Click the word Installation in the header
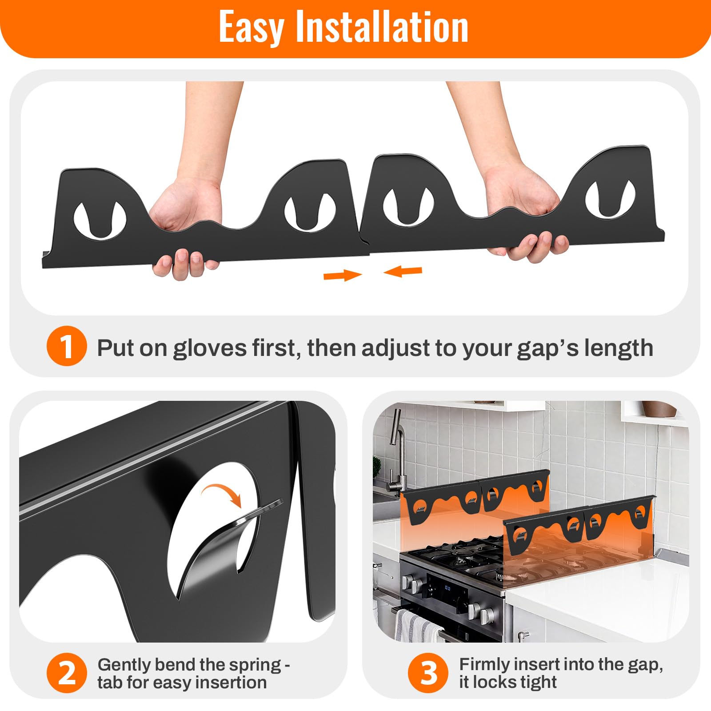pyautogui.click(x=382, y=27)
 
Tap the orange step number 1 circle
pyautogui.click(x=67, y=347)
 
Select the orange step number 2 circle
pyautogui.click(x=67, y=673)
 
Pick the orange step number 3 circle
pyautogui.click(x=429, y=673)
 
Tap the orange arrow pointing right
pyautogui.click(x=343, y=276)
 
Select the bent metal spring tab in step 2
pyautogui.click(x=227, y=542)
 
